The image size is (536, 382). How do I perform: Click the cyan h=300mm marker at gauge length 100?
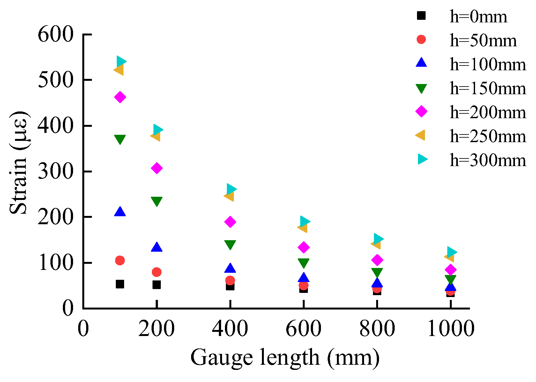click(121, 61)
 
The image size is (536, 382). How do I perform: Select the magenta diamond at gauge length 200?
click(157, 168)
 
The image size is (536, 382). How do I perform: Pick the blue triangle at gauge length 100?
click(120, 212)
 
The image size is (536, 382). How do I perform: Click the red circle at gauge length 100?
click(120, 261)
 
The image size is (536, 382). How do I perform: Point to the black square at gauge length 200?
click(156, 285)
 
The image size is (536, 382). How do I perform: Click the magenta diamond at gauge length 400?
click(230, 222)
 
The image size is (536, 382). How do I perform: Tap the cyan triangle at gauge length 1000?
click(451, 252)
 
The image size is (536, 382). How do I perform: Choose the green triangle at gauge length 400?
click(230, 245)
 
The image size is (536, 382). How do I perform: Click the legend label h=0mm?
click(478, 17)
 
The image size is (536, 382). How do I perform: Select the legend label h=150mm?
click(488, 88)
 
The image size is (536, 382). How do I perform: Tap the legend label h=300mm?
click(488, 160)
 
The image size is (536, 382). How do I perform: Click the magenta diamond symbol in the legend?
click(421, 111)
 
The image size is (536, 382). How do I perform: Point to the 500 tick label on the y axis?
click(56, 80)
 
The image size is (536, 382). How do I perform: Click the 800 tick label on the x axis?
click(377, 329)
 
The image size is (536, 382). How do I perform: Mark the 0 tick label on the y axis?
click(68, 309)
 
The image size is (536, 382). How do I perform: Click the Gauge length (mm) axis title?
click(285, 358)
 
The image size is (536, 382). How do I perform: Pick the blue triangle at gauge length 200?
click(156, 247)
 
